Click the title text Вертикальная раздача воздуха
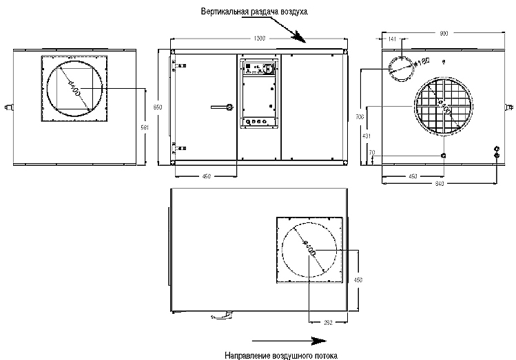pyautogui.click(x=256, y=12)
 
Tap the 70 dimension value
pyautogui.click(x=372, y=152)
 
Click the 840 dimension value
pyautogui.click(x=439, y=184)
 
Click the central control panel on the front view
pyautogui.click(x=259, y=93)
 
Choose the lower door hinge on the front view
pyautogui.click(x=182, y=146)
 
